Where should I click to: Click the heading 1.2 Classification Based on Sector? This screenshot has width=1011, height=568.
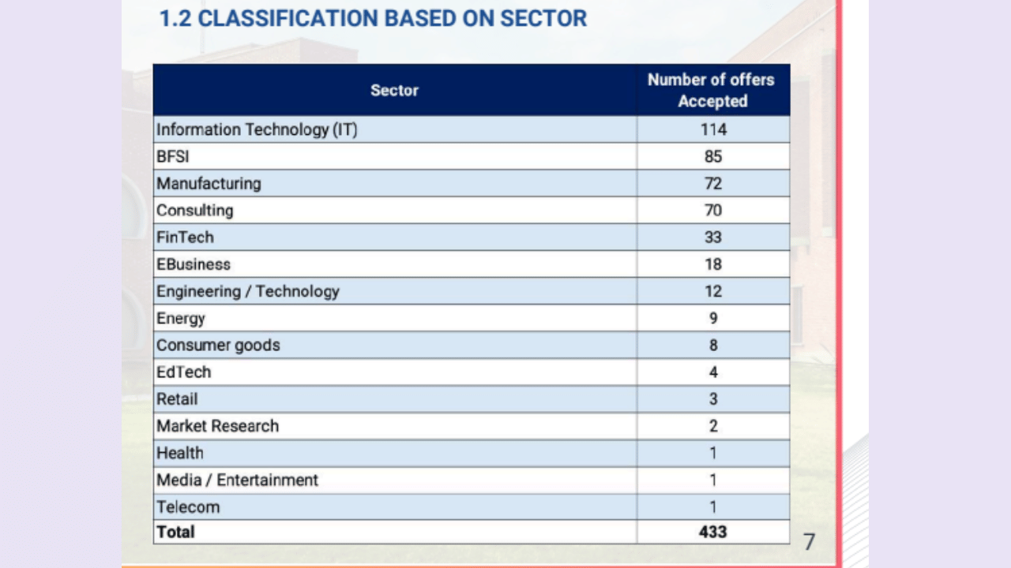click(x=373, y=18)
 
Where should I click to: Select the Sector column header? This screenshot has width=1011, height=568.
click(x=394, y=90)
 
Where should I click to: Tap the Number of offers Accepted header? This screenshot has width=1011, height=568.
click(x=712, y=90)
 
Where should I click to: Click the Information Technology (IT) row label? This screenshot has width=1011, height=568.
click(x=257, y=129)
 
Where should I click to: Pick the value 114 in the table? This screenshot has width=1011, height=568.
click(x=712, y=129)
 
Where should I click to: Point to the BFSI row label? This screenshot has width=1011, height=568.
click(x=173, y=156)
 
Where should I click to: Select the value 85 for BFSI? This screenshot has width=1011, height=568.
click(x=712, y=156)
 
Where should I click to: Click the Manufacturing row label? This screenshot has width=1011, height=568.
click(x=209, y=183)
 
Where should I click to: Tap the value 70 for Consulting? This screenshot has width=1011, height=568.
click(x=712, y=211)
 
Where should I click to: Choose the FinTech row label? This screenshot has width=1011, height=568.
click(x=185, y=237)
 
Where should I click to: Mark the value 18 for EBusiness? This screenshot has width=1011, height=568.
click(x=712, y=264)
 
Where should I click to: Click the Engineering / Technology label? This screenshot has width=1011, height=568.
click(x=248, y=291)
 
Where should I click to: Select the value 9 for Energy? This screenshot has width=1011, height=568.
click(x=712, y=318)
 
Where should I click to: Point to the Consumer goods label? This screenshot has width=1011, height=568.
click(x=218, y=346)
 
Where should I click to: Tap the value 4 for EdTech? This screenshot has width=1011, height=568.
click(x=712, y=372)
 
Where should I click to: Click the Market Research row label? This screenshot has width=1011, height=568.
click(x=217, y=426)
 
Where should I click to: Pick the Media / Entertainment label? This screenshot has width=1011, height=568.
click(x=237, y=480)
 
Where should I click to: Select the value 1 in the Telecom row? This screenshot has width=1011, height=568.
click(x=712, y=506)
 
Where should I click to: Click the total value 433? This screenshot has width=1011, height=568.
click(x=712, y=532)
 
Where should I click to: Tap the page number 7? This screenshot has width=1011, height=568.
click(x=809, y=542)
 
